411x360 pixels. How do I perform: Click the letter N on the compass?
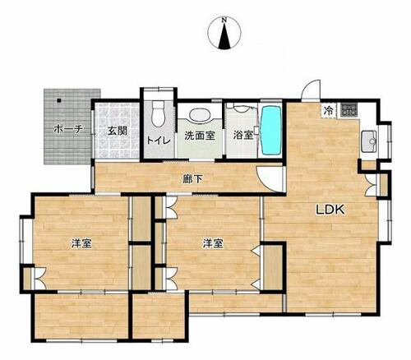pos(224,20)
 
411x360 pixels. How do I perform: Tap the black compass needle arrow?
pos(224,35)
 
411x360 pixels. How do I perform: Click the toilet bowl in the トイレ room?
pos(158,113)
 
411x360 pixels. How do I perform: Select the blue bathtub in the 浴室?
pos(271,130)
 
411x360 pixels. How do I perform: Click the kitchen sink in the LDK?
pos(369,141)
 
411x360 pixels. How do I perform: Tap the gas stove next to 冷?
pos(349,109)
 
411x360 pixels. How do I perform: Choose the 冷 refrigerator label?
pos(329,110)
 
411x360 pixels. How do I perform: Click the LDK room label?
pos(330,210)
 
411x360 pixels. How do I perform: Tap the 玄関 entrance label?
pos(117,131)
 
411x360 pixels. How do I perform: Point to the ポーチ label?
pos(68,129)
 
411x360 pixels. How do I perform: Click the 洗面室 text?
pos(200,136)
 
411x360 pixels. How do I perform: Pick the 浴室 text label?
pos(242,135)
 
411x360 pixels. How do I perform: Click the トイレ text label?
pos(159,141)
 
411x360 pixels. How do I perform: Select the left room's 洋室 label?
pos(81,243)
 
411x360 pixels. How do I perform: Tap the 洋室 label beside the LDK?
pos(213,243)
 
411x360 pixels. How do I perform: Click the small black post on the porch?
pos(59,100)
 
